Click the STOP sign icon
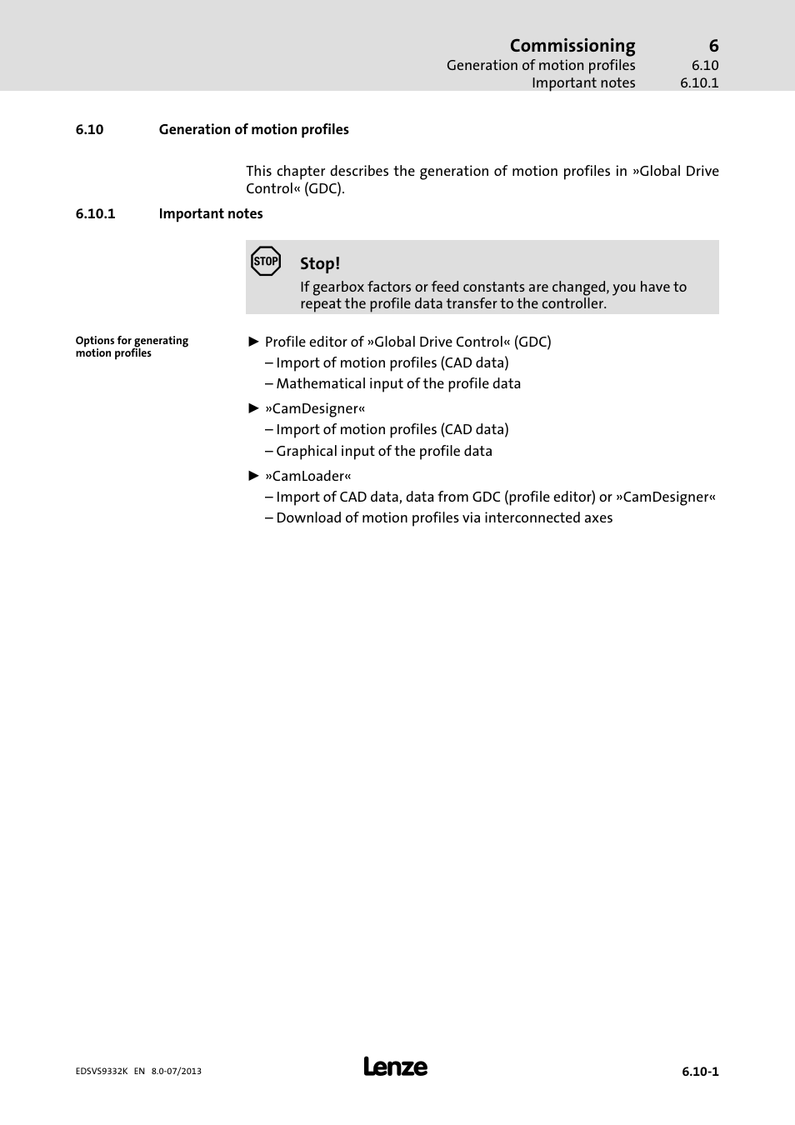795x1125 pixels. click(266, 262)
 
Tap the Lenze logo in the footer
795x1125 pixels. click(395, 1067)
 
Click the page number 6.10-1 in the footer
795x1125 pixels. click(699, 1072)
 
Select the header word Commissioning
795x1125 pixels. click(572, 46)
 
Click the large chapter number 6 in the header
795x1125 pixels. click(713, 46)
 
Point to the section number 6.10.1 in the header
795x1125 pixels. click(698, 82)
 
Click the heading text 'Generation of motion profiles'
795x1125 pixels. click(253, 129)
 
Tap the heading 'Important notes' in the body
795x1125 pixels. click(210, 213)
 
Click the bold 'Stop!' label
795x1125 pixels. click(320, 263)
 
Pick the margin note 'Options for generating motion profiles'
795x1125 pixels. click(132, 347)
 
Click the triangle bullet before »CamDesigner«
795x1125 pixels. click(254, 408)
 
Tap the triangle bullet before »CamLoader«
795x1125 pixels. click(254, 476)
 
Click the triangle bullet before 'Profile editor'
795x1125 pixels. click(254, 342)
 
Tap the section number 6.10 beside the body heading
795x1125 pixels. click(89, 129)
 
